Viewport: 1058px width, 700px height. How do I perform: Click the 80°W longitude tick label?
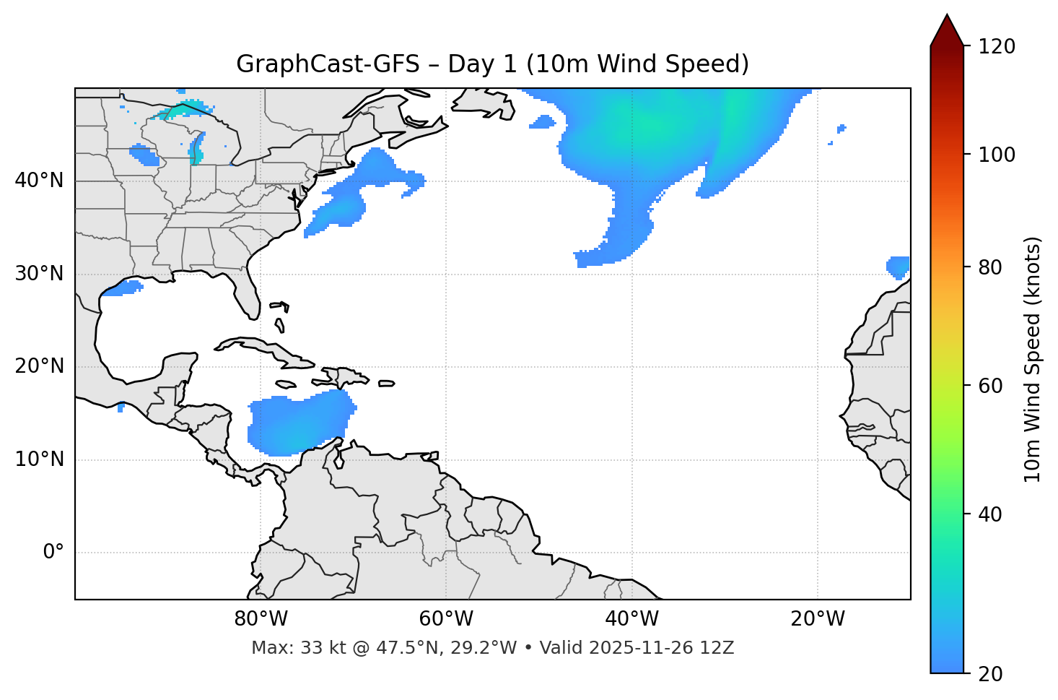click(261, 619)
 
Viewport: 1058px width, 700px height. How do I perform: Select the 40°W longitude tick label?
click(631, 619)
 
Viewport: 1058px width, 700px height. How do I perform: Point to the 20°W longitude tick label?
click(818, 619)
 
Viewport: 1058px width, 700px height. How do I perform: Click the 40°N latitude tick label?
click(39, 181)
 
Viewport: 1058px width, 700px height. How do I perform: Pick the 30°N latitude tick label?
click(39, 274)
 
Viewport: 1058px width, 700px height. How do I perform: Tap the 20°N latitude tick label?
click(39, 366)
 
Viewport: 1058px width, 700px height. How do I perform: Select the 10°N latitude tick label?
click(39, 459)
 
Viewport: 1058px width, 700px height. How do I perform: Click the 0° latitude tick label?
click(53, 553)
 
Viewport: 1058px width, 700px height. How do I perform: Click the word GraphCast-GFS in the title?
click(328, 64)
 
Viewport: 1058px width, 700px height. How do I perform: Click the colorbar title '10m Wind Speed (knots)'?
click(1033, 359)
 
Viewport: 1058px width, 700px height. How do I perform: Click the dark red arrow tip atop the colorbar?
click(947, 29)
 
